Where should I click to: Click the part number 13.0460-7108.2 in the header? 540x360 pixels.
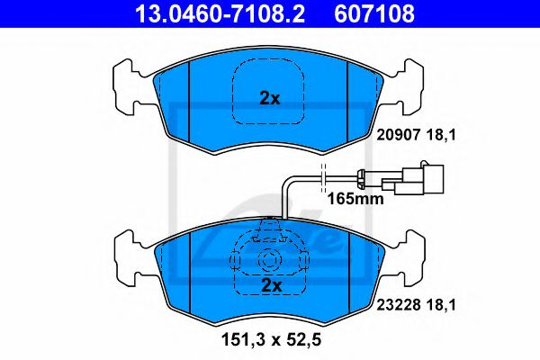(x=220, y=13)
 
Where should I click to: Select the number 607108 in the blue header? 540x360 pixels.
(x=374, y=13)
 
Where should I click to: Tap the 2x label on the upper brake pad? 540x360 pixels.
(x=270, y=99)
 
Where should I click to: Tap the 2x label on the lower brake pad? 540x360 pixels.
(x=272, y=285)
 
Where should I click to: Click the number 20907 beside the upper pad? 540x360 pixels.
(x=399, y=135)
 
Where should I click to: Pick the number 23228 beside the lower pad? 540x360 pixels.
(x=399, y=304)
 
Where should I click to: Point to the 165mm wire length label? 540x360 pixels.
(x=355, y=199)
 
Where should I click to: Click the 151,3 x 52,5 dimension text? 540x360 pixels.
(x=271, y=339)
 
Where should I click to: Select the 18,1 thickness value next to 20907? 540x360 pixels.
(x=441, y=135)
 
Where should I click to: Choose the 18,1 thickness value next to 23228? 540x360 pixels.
(x=441, y=304)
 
